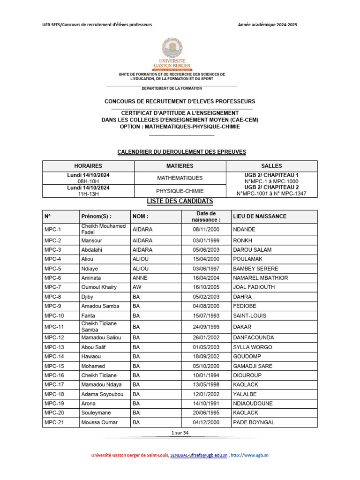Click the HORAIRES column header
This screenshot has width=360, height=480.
88,166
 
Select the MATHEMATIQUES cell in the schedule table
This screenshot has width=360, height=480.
180,178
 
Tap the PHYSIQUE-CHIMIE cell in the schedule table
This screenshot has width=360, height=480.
180,191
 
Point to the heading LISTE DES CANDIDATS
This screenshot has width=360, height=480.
180,202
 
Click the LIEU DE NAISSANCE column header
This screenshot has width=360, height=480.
260,217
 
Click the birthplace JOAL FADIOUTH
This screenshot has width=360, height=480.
255,287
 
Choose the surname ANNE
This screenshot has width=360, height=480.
140,278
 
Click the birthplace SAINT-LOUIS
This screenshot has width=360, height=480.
250,315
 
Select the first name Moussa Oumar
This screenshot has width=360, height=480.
99,422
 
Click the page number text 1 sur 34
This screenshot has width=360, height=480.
180,433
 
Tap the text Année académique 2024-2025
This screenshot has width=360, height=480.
268,25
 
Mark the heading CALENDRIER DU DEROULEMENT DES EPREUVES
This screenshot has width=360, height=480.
181,152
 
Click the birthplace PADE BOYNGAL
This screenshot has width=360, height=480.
254,422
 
